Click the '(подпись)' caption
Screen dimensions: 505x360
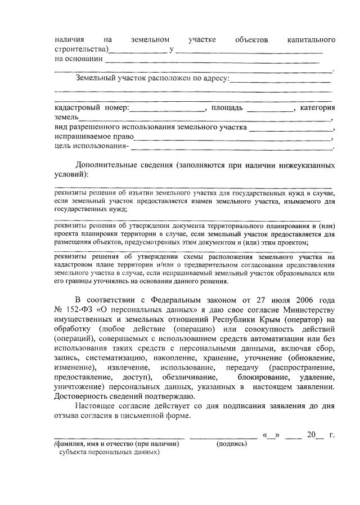(232, 444)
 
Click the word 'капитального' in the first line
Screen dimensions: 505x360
(311, 40)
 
